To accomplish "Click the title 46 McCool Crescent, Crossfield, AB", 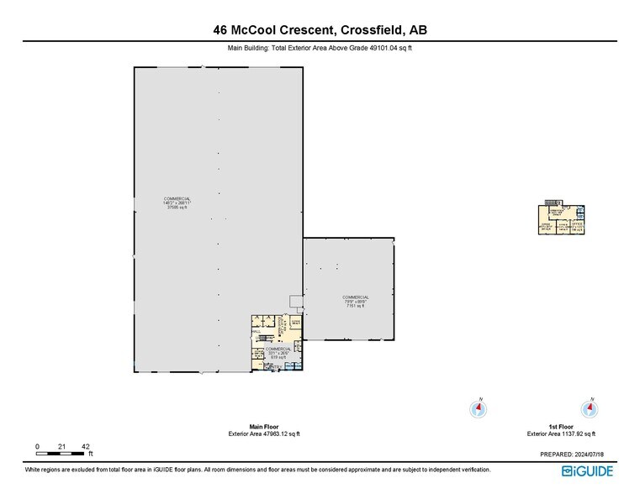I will (320, 30).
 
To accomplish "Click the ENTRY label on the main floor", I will (272, 367).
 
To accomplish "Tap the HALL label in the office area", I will (255, 333).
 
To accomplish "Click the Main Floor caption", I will (264, 426).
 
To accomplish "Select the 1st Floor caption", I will (562, 426).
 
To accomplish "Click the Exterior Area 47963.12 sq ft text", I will (264, 434).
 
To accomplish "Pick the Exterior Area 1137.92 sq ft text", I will (562, 434).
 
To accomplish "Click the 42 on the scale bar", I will (85, 445).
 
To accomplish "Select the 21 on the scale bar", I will (61, 445).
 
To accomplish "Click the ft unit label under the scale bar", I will (90, 455).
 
